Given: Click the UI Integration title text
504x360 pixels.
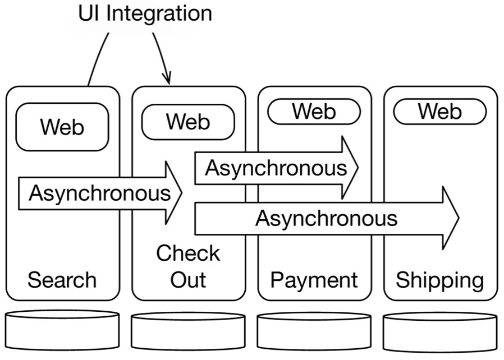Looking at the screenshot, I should tap(145, 13).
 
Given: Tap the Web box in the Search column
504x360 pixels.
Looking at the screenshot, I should tap(62, 127).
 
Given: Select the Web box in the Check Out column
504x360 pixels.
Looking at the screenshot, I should tap(187, 122).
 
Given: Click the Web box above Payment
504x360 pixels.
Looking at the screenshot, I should tap(313, 112).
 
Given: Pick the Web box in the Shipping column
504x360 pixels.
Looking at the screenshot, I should tap(439, 112).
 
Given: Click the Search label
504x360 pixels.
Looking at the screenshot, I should tap(62, 280).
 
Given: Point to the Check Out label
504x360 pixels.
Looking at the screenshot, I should tap(188, 266).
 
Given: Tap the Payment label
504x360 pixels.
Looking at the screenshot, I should tap(314, 280).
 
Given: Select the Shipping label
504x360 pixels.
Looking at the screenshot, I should tap(439, 280).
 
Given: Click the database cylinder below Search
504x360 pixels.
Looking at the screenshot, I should tap(62, 331).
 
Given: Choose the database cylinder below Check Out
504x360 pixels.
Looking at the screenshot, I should tap(188, 331).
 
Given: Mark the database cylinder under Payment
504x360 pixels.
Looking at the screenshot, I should tap(314, 331).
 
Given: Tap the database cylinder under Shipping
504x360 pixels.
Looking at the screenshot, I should tap(439, 331).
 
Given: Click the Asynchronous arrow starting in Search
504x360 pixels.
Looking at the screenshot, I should tap(98, 193).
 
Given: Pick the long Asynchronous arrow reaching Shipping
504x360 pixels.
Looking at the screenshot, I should tap(326, 218).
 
